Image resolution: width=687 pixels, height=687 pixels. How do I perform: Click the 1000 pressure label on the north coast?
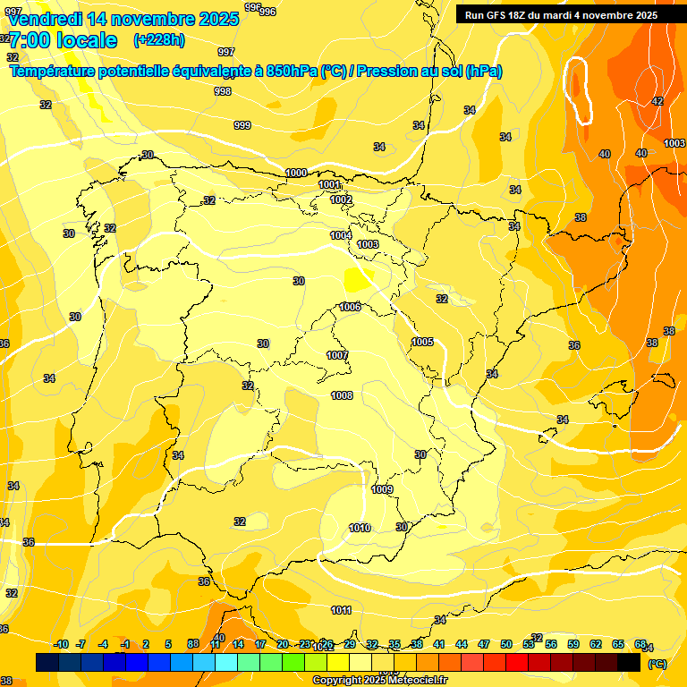tap(296, 173)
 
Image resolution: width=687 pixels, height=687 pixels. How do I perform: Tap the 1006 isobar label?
tap(350, 307)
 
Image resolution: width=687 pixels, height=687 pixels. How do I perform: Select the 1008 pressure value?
tap(342, 395)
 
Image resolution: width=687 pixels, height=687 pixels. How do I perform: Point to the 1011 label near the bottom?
tap(341, 610)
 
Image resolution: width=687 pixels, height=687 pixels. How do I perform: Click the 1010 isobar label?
tap(360, 528)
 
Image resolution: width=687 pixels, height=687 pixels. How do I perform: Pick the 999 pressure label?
tap(242, 125)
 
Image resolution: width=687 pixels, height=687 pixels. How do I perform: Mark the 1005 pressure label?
tap(423, 342)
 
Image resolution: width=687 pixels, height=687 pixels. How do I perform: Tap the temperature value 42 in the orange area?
tap(657, 101)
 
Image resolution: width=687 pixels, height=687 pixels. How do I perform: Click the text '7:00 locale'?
tap(63, 40)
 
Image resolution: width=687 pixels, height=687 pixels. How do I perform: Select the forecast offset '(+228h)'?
tap(159, 39)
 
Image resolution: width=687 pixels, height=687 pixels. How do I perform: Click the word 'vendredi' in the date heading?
tap(45, 18)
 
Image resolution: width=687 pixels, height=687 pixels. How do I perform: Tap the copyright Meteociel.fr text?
tap(380, 681)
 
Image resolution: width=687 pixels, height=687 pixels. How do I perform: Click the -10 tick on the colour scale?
tap(61, 644)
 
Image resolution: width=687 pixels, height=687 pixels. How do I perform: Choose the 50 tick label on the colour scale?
tap(506, 644)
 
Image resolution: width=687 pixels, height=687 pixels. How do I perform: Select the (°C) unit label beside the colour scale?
tap(657, 663)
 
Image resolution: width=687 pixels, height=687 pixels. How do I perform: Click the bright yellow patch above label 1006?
tap(360, 279)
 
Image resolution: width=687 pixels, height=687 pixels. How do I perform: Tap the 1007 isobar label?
tap(337, 355)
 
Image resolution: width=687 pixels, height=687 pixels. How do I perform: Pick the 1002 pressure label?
tap(341, 199)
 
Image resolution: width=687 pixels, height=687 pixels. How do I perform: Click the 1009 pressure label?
tap(382, 489)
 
